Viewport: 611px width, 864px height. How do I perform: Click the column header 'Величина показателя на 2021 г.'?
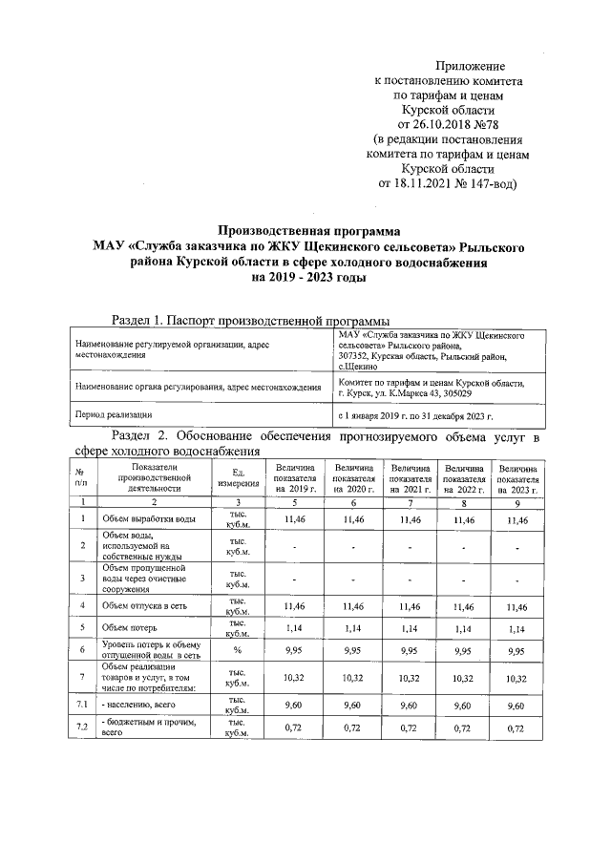[x=411, y=477]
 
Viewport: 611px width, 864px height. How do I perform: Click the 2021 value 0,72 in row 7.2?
[x=411, y=728]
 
